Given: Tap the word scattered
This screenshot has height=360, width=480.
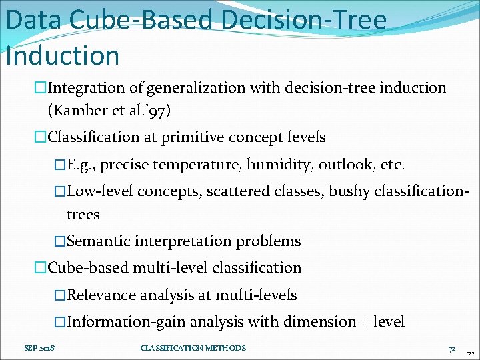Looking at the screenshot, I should (x=241, y=192).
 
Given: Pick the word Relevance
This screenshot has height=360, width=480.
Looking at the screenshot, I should (x=103, y=295).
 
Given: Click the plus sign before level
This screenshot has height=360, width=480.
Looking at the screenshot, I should (x=365, y=323).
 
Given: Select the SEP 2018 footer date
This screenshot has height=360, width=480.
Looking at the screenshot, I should (x=39, y=348).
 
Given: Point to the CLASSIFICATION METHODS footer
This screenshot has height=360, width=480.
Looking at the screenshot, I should (x=193, y=348).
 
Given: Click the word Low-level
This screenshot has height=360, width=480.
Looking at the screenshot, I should (x=100, y=192).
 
